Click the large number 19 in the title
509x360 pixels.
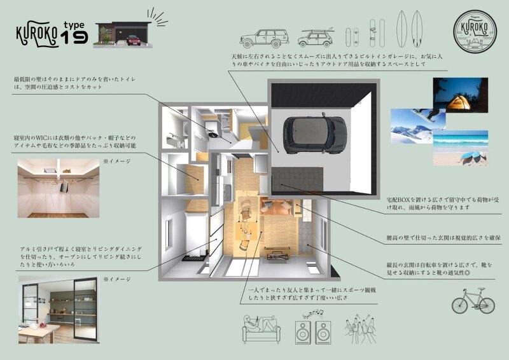76,38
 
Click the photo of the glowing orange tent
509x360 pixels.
460,95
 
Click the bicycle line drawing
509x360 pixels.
473,301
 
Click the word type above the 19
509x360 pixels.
74,24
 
